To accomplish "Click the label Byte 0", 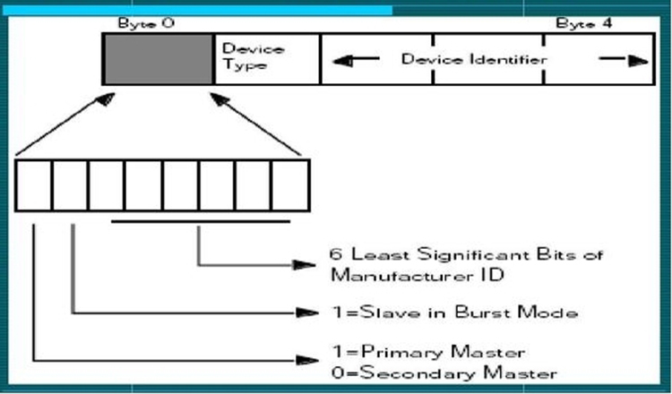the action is click(146, 23).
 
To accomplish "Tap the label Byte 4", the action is click(583, 23).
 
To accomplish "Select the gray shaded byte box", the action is click(159, 59).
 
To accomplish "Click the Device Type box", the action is click(267, 59).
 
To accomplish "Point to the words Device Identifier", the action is click(474, 59).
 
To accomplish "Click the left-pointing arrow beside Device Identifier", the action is click(356, 60).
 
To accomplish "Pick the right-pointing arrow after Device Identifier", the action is click(624, 60).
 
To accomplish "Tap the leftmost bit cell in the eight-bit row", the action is click(33, 185).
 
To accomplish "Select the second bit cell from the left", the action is click(70, 185).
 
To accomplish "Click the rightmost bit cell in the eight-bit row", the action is click(290, 185).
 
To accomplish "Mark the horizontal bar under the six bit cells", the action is click(201, 221).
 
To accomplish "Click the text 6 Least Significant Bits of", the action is click(466, 255).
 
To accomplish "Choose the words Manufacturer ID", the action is click(417, 275).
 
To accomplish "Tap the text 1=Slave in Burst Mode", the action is click(454, 313).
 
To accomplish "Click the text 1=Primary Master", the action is click(428, 353).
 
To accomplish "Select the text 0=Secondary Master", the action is click(444, 373).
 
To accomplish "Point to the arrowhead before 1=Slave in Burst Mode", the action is click(307, 313).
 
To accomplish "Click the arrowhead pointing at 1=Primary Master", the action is click(307, 361).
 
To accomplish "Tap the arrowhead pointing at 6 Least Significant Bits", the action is click(305, 265).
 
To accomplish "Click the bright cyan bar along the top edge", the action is click(197, 10).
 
